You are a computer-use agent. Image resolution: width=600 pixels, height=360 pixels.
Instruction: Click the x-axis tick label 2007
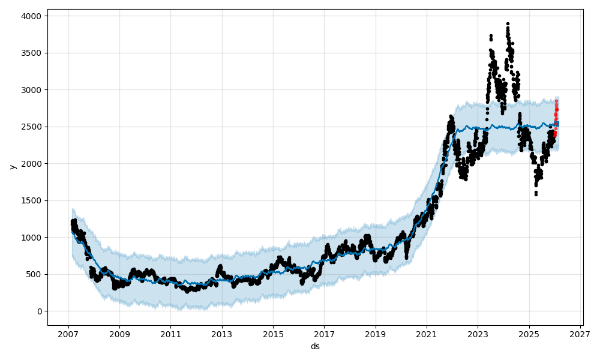68,333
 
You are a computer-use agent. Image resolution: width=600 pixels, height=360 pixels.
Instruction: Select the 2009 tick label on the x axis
119,333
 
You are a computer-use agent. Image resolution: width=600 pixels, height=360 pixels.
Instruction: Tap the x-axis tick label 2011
170,333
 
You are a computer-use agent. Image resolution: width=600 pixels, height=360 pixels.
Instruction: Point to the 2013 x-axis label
222,333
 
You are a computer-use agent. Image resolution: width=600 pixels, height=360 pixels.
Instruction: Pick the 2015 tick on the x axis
273,333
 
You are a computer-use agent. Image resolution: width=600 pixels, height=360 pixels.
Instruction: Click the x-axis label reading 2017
324,333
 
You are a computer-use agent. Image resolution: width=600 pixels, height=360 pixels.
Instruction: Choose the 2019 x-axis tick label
376,333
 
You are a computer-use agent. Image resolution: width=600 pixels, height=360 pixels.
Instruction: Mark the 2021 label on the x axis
427,333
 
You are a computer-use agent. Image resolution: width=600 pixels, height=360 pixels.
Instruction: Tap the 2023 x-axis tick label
478,333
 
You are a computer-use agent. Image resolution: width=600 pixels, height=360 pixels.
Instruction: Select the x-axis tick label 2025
529,333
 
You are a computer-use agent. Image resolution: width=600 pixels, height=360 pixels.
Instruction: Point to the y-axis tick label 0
39,311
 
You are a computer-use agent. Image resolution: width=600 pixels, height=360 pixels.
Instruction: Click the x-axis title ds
315,346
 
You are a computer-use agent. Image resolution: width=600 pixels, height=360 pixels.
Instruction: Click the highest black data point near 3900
508,24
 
